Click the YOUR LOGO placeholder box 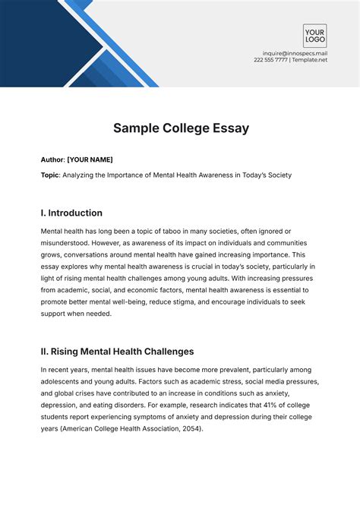pos(314,36)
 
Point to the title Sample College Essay pos(180,128)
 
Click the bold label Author pos(52,159)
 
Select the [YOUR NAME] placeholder pos(90,159)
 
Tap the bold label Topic pos(51,175)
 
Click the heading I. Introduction pos(71,213)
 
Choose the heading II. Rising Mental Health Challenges pos(117,352)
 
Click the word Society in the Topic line pos(275,175)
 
